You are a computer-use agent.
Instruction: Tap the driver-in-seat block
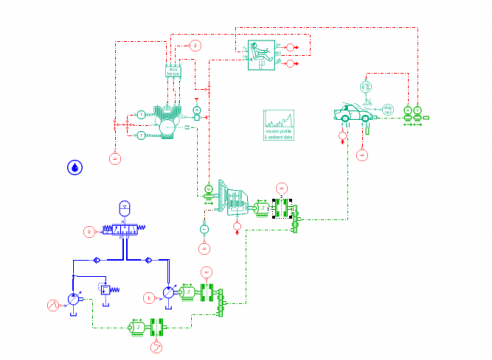tap(262, 52)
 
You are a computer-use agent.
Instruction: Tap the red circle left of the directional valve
tap(89, 232)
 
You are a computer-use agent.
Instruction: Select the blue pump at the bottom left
tap(74, 298)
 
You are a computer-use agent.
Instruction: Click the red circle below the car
tap(362, 153)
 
